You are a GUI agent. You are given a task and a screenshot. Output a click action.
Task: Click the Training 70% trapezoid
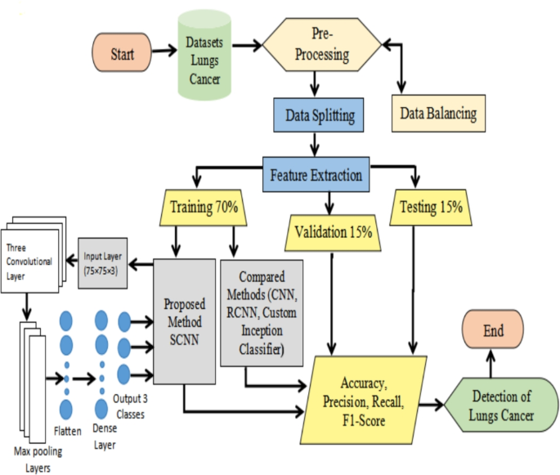point(204,208)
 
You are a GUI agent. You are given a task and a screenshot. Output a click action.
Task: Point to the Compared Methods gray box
point(262,312)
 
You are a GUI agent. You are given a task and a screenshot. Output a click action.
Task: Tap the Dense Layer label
point(103,438)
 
